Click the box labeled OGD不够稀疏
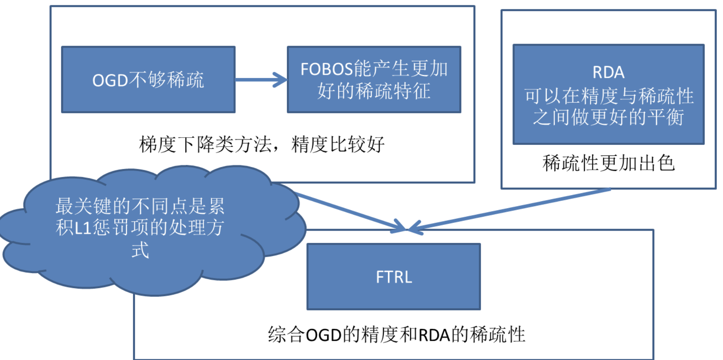click(148, 80)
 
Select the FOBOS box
click(374, 80)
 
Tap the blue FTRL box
click(393, 277)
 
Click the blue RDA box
click(608, 94)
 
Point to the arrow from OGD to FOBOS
click(261, 80)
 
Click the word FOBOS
click(326, 69)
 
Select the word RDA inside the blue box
click(608, 73)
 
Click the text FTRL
click(393, 277)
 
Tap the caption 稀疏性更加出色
click(608, 163)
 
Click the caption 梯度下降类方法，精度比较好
click(262, 144)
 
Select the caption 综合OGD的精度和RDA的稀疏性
click(396, 335)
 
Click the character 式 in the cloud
click(140, 249)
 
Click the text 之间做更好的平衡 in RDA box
click(608, 118)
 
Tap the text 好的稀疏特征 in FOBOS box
click(374, 91)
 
